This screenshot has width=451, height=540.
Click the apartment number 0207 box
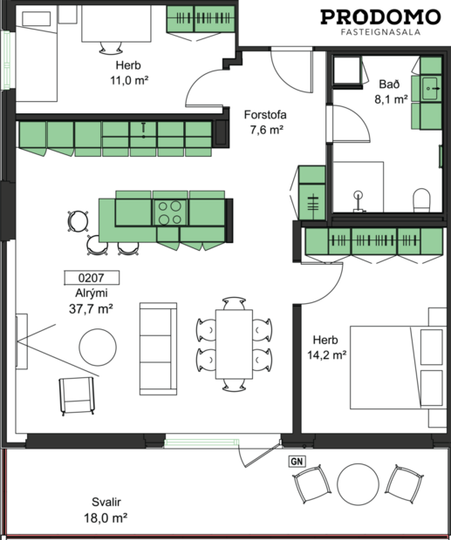pos(92,280)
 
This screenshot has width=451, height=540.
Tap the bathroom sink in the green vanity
pos(430,88)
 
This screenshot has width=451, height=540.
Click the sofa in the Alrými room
pos(159,348)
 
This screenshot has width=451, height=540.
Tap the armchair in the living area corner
pos(77,396)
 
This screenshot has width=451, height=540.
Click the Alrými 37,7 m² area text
pos(92,300)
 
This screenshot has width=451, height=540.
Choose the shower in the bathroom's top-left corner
pos(348,73)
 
